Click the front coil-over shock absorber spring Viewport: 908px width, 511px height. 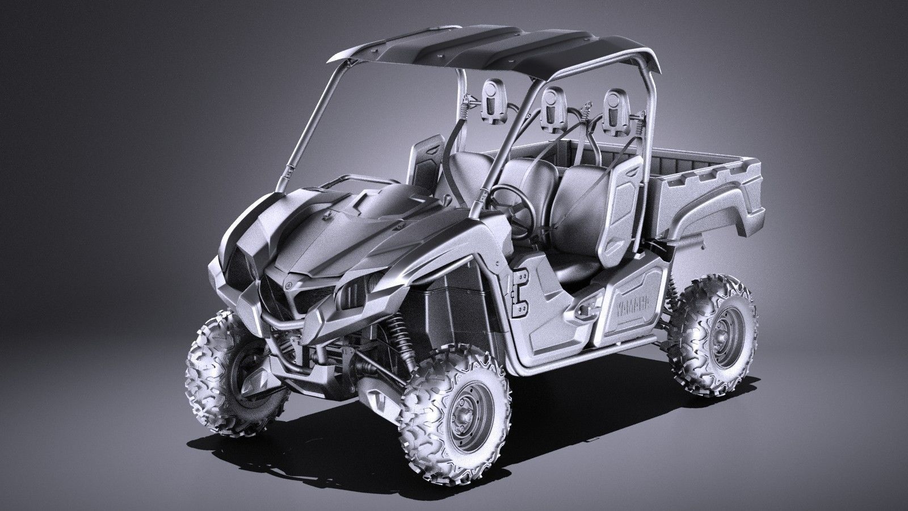coord(401,340)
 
